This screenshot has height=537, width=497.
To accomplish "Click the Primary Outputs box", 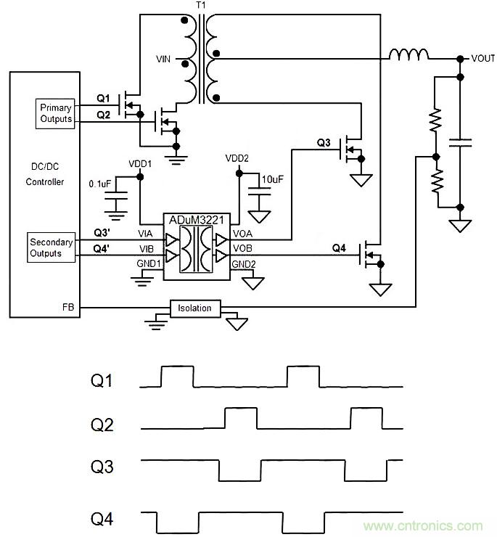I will pos(56,112).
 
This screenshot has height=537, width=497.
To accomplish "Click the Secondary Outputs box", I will pos(50,247).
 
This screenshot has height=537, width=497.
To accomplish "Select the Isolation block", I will pos(194,308).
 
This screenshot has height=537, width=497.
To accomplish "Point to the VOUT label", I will pos(482,58).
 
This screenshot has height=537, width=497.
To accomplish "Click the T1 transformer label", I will pos(201,6).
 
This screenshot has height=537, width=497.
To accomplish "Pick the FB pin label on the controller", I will pos(67,308).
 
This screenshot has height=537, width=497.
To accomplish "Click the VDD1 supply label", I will pos(140,164).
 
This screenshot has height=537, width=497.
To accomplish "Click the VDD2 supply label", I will pos(237,158).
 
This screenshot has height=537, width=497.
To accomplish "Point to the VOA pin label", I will pos(242,234).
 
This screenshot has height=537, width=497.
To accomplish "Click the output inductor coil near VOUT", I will pos(408,54).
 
